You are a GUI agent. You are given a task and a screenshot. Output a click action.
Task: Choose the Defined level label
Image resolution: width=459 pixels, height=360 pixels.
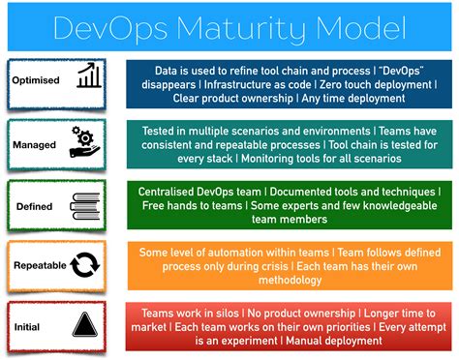34,206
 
